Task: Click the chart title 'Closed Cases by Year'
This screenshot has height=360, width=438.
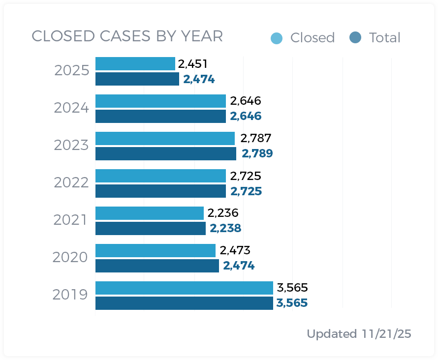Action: pos(127,36)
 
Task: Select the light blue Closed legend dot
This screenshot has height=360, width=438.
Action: pos(277,38)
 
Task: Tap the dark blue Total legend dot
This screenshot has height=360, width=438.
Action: pos(355,37)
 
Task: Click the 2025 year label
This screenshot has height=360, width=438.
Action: pos(71,71)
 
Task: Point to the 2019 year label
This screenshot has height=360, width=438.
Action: pos(70,295)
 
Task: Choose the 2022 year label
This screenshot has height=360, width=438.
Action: pos(71,183)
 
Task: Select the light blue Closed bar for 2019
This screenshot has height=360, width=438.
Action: pos(184,288)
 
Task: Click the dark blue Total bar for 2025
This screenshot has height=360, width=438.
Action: pos(137,79)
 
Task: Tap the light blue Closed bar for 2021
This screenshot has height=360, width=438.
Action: pos(149,213)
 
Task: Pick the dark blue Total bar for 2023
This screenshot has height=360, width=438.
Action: pos(165,154)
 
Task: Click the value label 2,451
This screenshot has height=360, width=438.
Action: pos(192,64)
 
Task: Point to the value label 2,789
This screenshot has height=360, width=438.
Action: pos(257,153)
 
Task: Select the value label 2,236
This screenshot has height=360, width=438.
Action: pos(222,213)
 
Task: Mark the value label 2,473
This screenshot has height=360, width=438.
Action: pos(235,250)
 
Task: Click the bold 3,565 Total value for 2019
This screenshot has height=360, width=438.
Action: pos(292,303)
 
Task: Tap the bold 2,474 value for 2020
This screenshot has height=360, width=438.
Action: pos(239,266)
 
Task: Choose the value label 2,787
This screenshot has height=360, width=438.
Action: pos(255,138)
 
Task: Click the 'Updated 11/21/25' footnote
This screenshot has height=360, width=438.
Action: pos(359,334)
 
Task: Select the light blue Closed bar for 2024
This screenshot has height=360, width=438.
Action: pos(160,101)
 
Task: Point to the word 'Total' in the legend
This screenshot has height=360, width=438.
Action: pos(384,38)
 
